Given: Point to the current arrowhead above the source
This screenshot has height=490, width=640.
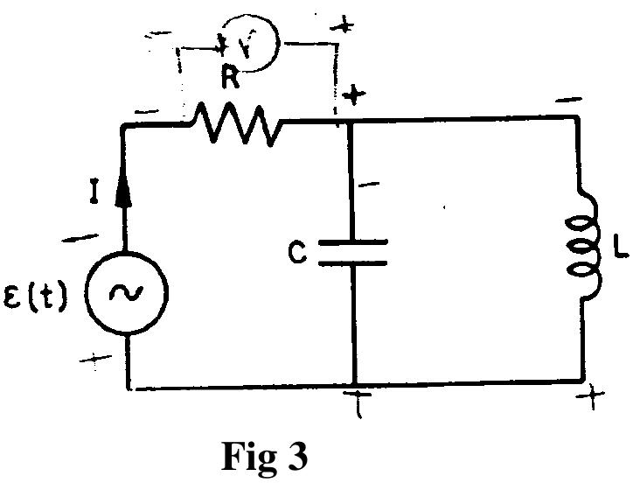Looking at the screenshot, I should (127, 194).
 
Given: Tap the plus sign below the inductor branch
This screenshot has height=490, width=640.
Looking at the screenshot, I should (594, 399).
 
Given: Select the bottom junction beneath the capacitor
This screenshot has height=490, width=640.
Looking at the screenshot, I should (353, 383).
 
